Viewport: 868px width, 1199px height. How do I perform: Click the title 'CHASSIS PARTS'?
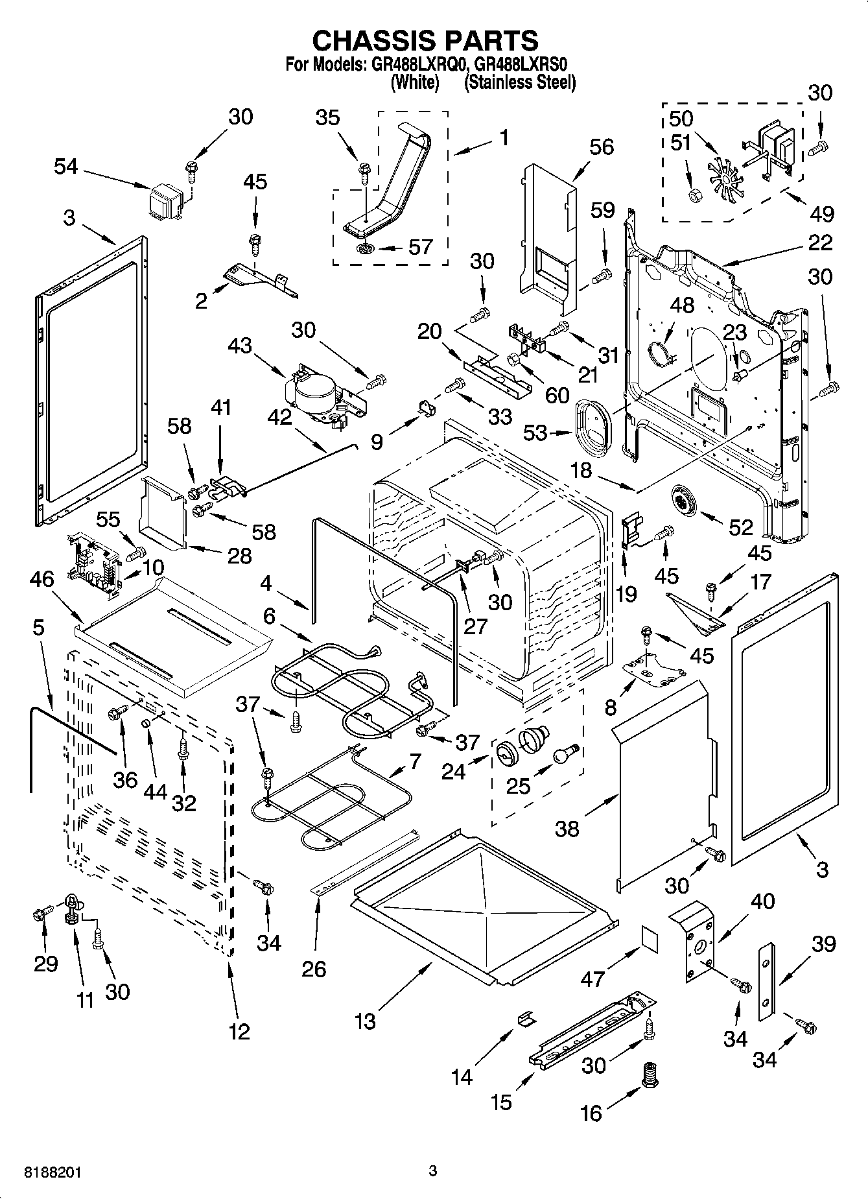pyautogui.click(x=425, y=40)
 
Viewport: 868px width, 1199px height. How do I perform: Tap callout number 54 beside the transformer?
pyautogui.click(x=65, y=167)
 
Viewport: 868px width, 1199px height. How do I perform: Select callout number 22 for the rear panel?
pyautogui.click(x=820, y=243)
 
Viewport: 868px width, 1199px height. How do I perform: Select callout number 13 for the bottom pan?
pyautogui.click(x=366, y=1021)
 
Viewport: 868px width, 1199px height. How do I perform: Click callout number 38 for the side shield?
pyautogui.click(x=567, y=828)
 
